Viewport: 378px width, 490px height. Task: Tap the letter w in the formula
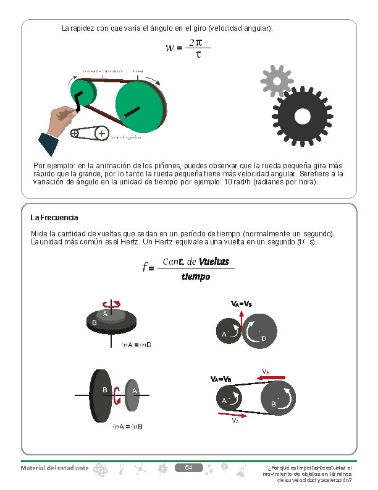click(170, 48)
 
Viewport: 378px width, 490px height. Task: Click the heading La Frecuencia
click(54, 218)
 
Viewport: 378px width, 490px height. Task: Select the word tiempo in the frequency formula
click(196, 276)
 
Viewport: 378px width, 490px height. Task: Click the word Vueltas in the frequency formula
click(214, 262)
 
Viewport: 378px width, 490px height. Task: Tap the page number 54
click(190, 467)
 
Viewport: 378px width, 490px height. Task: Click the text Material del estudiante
click(54, 468)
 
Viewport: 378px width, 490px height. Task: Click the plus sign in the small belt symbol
click(101, 132)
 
